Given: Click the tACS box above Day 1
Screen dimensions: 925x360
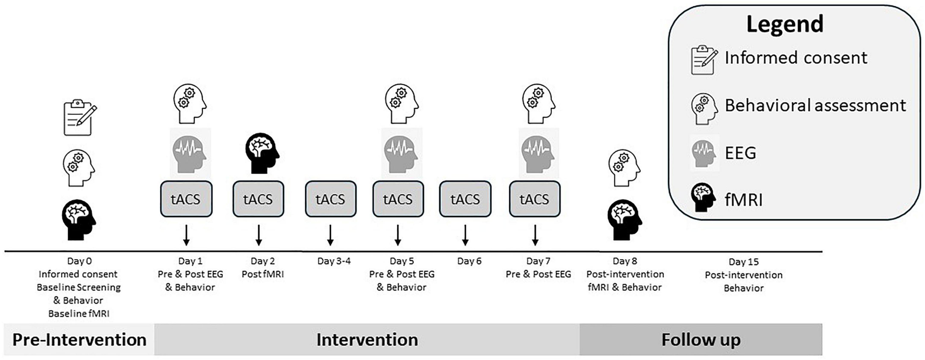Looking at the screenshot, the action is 186,199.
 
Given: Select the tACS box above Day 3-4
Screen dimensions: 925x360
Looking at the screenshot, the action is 331,199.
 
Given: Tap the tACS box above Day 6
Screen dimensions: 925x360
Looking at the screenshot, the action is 465,199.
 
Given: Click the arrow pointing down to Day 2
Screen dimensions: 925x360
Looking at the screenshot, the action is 259,235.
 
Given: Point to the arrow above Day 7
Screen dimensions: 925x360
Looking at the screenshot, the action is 535,235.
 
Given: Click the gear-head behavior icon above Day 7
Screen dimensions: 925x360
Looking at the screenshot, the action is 539,104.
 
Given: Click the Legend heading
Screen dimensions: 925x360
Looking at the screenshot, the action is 785,24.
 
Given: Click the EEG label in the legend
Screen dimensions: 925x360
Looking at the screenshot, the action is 740,153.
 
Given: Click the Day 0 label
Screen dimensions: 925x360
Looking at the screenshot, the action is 79,261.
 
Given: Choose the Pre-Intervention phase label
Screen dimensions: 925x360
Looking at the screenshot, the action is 79,340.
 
